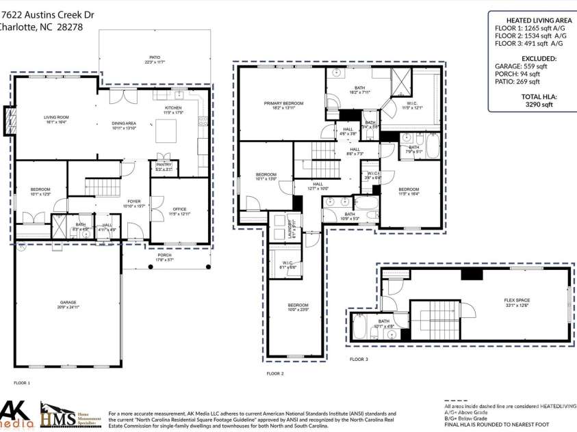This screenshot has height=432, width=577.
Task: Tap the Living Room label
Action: [x=57, y=118]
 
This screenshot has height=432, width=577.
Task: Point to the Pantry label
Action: [x=164, y=166]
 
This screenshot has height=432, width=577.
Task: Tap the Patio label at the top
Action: [x=155, y=59]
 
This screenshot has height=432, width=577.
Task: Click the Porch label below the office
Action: [x=164, y=258]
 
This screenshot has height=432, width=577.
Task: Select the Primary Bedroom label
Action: [x=283, y=105]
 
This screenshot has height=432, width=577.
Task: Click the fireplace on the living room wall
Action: [x=9, y=121]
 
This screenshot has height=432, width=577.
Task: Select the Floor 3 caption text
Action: [x=359, y=359]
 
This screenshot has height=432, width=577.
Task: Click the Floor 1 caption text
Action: [x=22, y=383]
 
